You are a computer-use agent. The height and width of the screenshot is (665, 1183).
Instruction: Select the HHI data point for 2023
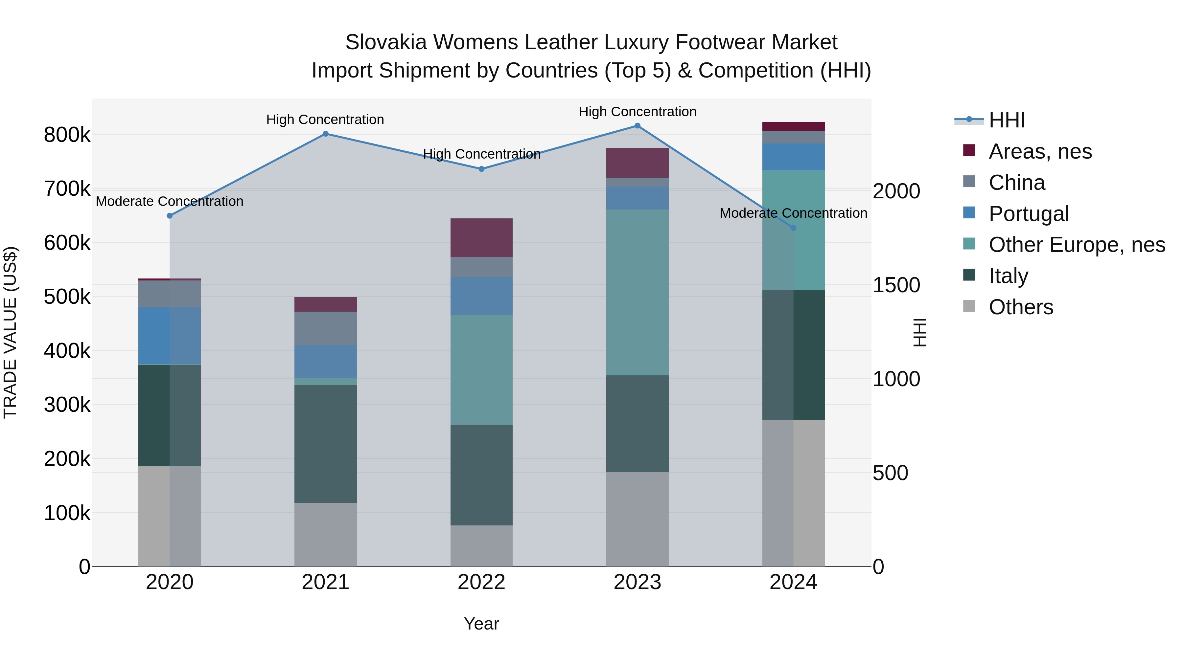click(x=638, y=126)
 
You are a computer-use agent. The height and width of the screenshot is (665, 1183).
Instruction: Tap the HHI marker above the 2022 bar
click(x=481, y=169)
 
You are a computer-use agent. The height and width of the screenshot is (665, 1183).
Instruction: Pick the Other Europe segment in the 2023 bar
click(x=638, y=292)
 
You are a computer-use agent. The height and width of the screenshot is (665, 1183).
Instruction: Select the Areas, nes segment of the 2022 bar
click(x=481, y=238)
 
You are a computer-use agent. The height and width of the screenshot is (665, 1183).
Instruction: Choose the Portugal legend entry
click(x=1029, y=214)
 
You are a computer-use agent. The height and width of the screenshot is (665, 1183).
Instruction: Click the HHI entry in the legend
click(x=1007, y=120)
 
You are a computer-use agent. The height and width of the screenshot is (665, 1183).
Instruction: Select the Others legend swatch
click(x=969, y=306)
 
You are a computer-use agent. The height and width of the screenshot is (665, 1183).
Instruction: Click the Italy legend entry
click(x=1008, y=276)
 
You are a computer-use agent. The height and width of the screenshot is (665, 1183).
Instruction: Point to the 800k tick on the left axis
click(x=67, y=135)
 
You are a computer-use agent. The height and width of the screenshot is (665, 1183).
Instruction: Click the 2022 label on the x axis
click(x=481, y=582)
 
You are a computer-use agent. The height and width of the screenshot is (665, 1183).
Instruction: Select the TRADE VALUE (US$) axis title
click(x=10, y=332)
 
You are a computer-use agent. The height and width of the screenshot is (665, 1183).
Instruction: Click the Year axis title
click(x=481, y=624)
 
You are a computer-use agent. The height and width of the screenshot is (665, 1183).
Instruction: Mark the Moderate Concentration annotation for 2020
click(x=170, y=202)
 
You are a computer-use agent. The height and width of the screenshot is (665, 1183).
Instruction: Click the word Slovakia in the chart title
click(x=385, y=42)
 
